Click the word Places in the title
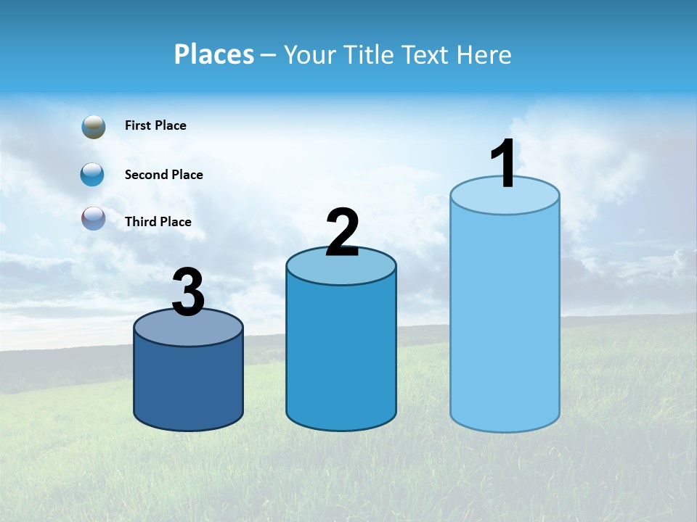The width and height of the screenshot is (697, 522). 213,54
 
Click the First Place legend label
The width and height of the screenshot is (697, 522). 155,125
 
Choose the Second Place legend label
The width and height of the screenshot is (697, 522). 163,175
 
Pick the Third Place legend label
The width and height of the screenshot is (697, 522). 158,222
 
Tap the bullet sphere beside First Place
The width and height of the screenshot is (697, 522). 94,127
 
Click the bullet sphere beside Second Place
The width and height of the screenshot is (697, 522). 92,174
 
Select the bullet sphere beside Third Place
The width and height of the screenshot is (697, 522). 94,218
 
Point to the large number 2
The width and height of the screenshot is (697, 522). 342,233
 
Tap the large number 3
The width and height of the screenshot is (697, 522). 188,293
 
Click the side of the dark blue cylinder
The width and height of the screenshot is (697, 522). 188,384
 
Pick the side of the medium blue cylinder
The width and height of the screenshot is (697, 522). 341,355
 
